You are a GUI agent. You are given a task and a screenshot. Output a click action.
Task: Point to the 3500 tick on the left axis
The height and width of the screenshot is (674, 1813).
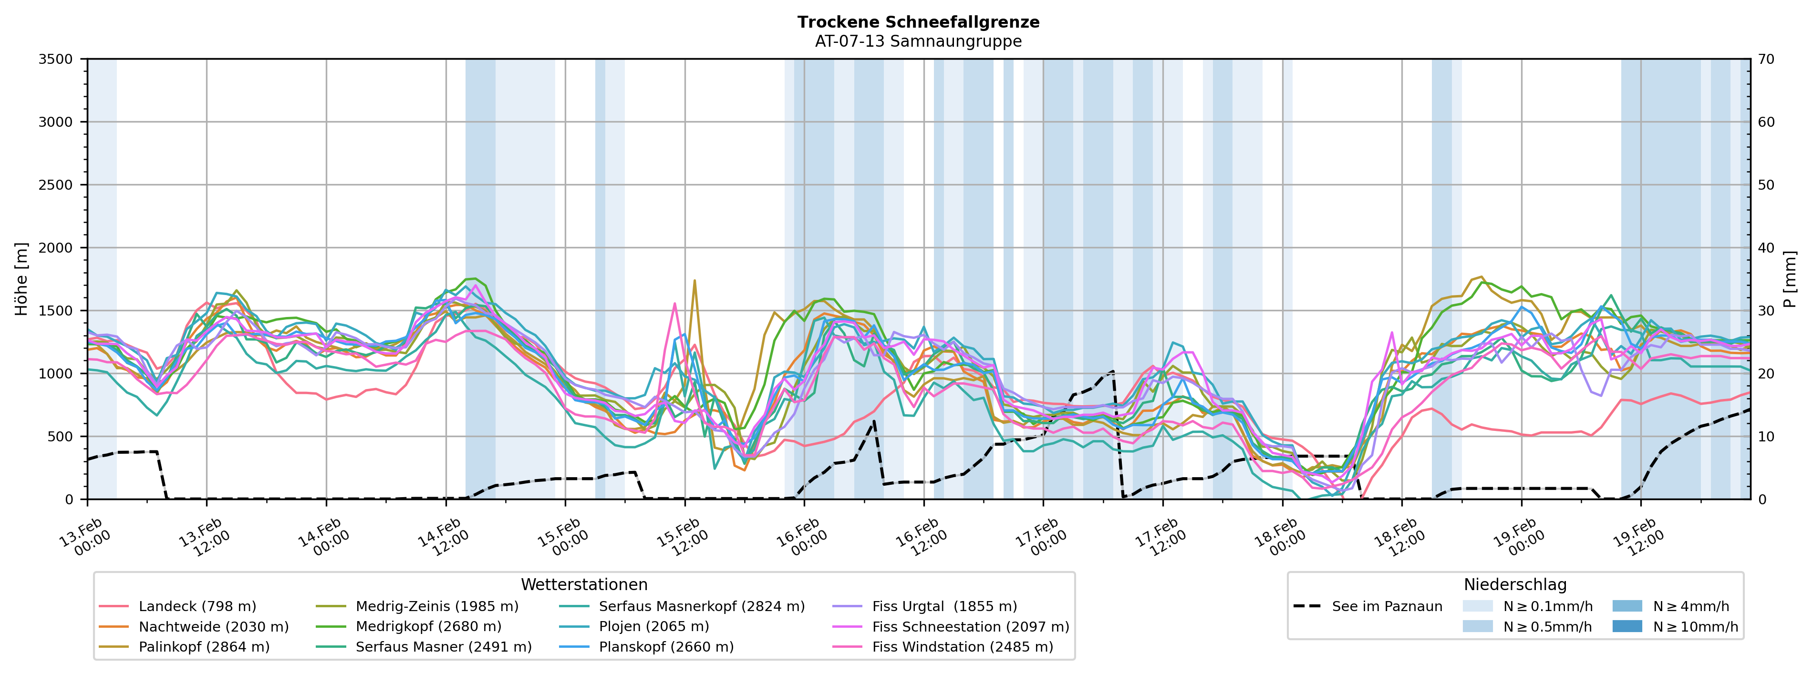[56, 59]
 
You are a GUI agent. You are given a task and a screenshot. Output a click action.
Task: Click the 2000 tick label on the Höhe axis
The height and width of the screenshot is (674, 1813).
[56, 248]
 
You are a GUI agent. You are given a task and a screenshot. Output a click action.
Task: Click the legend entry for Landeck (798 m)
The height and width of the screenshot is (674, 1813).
[197, 606]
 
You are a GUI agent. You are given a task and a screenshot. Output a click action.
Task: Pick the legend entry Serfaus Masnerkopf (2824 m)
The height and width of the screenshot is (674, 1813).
[701, 606]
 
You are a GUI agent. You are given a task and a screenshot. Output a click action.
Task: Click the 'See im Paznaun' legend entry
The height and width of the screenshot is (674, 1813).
[1387, 606]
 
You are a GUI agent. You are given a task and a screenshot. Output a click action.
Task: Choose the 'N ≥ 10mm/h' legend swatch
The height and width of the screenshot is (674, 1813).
[1627, 627]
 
